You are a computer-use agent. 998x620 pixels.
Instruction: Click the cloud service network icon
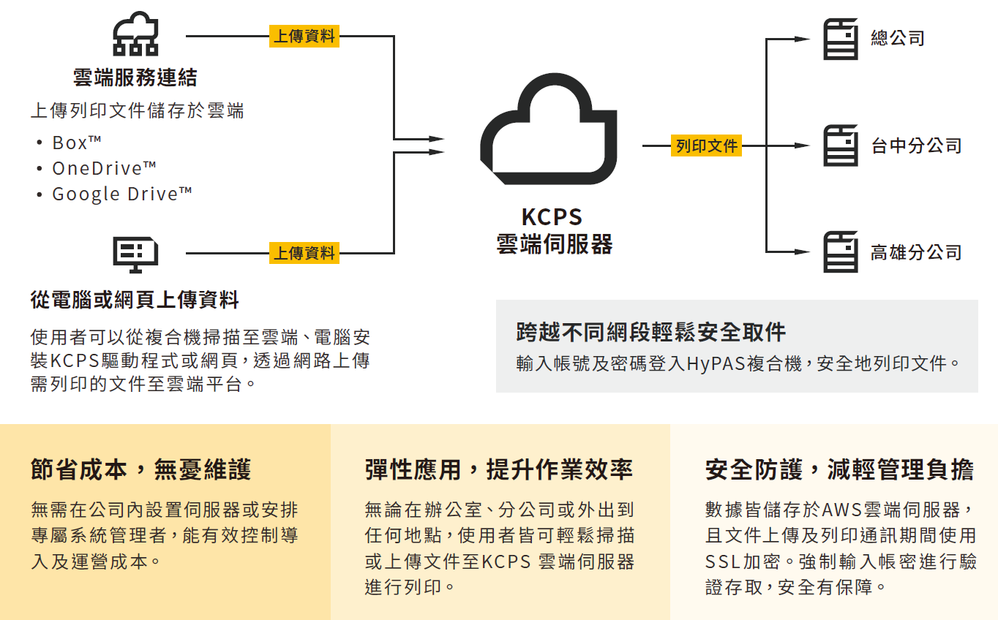coord(135,35)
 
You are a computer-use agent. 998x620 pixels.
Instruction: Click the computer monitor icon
coord(135,253)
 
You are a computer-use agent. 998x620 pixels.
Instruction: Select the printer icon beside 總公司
coord(841,39)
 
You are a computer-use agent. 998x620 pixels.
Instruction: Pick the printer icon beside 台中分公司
coord(841,145)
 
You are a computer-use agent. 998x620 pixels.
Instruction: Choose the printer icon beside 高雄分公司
coord(841,252)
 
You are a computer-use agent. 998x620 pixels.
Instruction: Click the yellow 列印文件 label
coord(706,146)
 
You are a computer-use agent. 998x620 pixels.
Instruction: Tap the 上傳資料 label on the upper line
coord(304,36)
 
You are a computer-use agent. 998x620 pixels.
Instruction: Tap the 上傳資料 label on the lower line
coord(304,254)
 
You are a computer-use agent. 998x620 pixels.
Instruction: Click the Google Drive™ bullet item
coord(121,194)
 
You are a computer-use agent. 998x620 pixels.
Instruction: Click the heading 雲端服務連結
coord(135,77)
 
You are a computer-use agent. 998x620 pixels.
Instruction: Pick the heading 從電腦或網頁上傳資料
coord(135,299)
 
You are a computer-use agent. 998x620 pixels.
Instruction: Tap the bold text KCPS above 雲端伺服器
coord(552,217)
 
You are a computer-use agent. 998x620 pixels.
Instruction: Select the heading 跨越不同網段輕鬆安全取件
coord(650,333)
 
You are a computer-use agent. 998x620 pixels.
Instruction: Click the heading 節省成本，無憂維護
coord(141,469)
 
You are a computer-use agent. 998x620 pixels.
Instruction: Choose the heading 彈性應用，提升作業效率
coord(498,469)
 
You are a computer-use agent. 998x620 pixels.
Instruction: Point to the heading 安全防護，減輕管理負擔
coord(839,469)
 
